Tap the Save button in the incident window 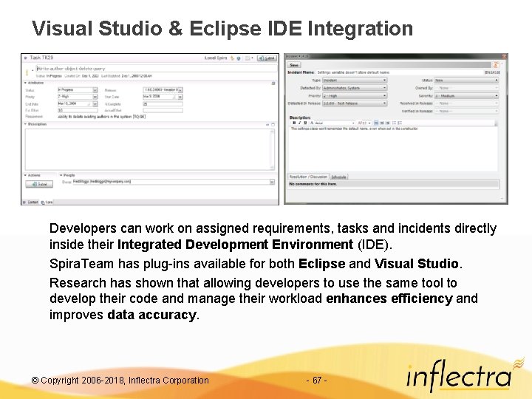[x=295, y=64]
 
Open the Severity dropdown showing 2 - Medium [x=465, y=96]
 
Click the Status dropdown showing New [x=465, y=80]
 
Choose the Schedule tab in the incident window [x=339, y=177]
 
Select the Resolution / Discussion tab [x=308, y=177]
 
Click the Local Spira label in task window [x=216, y=58]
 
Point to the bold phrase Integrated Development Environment [x=235, y=245]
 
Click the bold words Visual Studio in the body [x=417, y=264]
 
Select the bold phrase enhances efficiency [x=389, y=299]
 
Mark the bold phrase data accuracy [x=152, y=315]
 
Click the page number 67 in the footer [x=316, y=381]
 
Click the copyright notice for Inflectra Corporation [x=120, y=381]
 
